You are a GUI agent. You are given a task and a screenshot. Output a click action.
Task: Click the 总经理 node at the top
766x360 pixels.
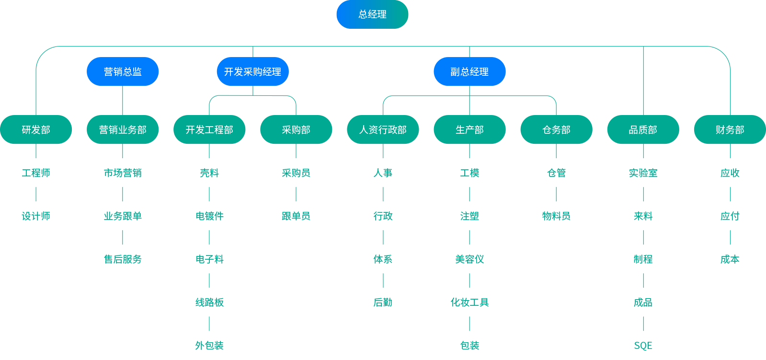(372, 14)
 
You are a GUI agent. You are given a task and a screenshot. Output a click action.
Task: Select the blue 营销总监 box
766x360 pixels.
(123, 72)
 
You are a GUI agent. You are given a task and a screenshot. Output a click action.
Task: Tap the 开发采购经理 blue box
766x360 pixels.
(252, 72)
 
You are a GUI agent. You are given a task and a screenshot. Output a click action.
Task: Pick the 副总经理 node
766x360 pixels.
(469, 72)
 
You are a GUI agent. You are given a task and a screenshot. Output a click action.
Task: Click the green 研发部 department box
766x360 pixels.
(36, 129)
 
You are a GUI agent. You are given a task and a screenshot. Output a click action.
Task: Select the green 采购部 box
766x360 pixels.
(296, 129)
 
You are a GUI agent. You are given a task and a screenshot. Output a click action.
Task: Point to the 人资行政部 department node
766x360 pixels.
(383, 129)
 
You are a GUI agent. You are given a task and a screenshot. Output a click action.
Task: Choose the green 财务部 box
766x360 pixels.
(730, 129)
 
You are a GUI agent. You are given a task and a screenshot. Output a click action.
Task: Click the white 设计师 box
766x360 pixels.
(36, 216)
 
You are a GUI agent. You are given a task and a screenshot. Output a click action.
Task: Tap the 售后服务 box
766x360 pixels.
(123, 259)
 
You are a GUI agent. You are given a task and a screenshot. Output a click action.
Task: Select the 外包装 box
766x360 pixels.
(209, 345)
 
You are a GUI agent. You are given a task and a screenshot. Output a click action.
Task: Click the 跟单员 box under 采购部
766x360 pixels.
(296, 216)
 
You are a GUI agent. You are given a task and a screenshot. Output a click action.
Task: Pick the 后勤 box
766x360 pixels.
(383, 302)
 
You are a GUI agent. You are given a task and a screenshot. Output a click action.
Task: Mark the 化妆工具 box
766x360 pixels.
(469, 302)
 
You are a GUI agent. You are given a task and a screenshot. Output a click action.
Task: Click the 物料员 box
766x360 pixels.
(556, 216)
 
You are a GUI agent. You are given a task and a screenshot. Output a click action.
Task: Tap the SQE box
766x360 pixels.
(643, 345)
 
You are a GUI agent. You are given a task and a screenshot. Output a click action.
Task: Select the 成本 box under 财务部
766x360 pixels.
(730, 259)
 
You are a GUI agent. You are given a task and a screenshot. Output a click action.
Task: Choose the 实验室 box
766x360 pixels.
(643, 173)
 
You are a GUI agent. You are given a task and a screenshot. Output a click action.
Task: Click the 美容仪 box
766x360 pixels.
(469, 259)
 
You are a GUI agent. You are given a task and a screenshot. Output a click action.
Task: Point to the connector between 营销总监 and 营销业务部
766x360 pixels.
(123, 101)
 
